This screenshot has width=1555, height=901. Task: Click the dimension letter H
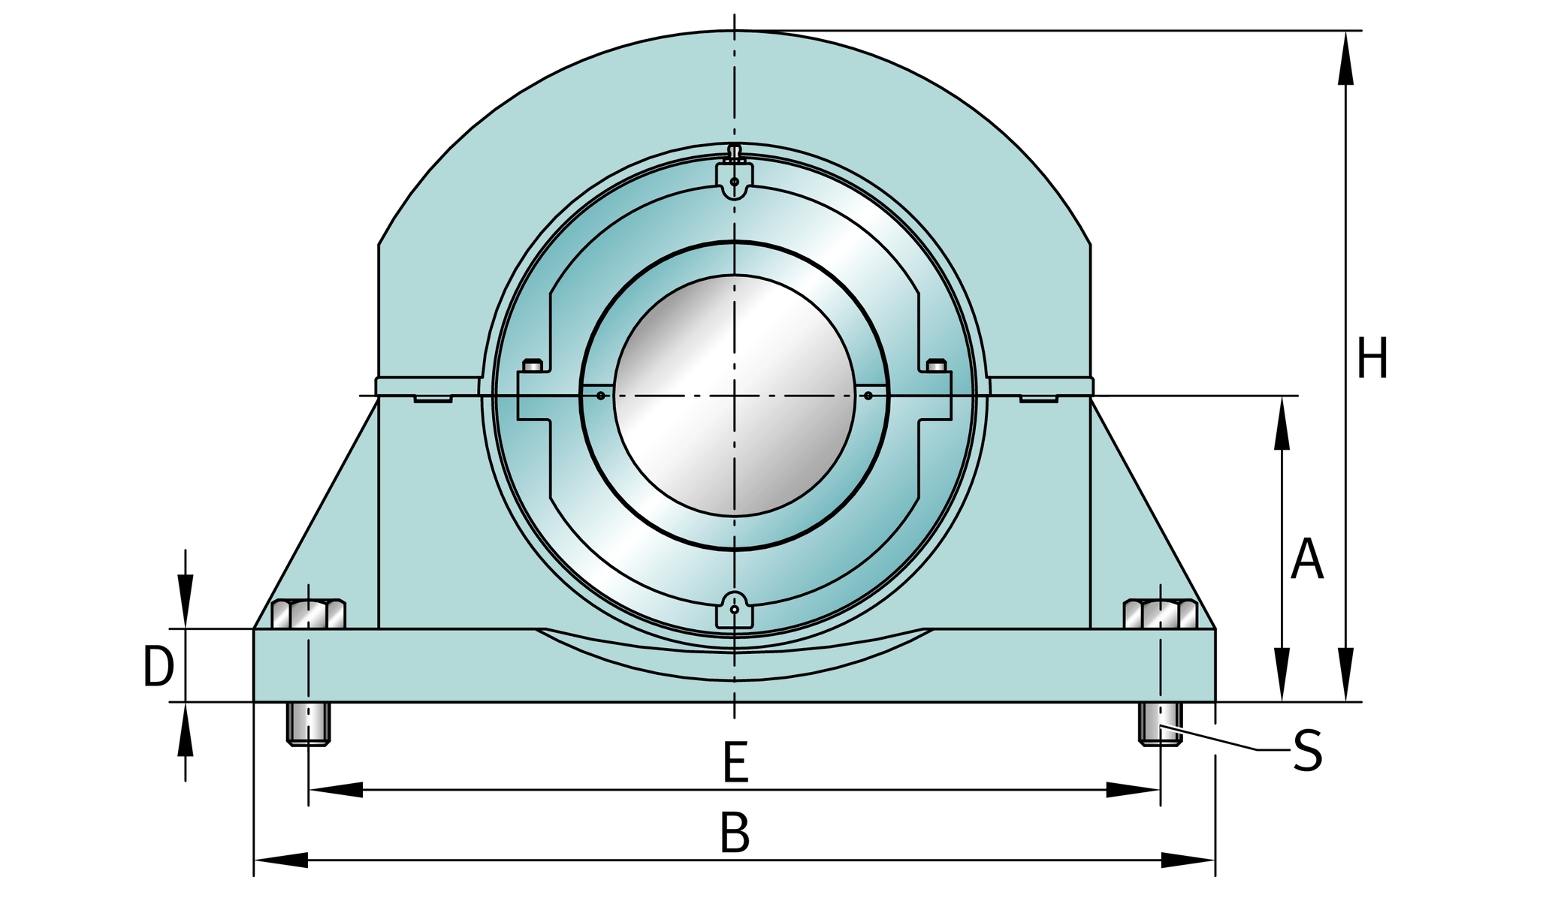[1372, 359]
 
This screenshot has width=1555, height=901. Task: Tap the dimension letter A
[1307, 559]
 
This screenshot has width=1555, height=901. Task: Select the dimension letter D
[158, 667]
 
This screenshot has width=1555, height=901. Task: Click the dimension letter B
[735, 833]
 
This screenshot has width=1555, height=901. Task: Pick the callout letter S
[1307, 751]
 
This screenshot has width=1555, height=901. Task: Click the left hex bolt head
[308, 614]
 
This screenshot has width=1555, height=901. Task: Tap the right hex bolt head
[1161, 614]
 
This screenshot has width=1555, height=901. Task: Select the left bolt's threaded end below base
[308, 724]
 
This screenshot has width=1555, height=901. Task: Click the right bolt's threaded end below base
[1161, 724]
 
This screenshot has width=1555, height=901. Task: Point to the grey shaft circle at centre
[734, 396]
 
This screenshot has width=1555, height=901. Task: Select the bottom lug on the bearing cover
[735, 610]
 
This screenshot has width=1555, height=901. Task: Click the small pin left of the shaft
[600, 396]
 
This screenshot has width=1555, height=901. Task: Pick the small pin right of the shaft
[868, 396]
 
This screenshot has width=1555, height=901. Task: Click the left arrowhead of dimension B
[281, 860]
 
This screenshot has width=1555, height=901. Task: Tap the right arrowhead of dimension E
[1133, 790]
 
